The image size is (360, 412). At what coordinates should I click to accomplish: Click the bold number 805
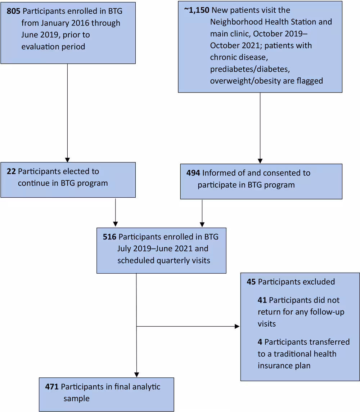14,11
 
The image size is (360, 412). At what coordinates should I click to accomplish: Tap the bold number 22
11,171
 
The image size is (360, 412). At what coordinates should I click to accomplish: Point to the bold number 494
193,173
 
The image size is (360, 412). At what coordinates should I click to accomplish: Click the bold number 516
110,237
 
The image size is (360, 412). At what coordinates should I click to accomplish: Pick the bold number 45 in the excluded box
251,282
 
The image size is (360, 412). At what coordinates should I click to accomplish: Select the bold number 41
262,300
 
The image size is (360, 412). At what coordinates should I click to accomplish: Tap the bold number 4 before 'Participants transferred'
260,342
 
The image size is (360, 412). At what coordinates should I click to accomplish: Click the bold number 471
52,387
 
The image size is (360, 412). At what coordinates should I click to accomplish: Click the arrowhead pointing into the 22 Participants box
67,160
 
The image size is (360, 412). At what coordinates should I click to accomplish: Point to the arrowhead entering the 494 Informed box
260,161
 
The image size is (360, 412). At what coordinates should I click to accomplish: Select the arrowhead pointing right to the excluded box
237,326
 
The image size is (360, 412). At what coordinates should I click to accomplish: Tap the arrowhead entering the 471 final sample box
137,375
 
